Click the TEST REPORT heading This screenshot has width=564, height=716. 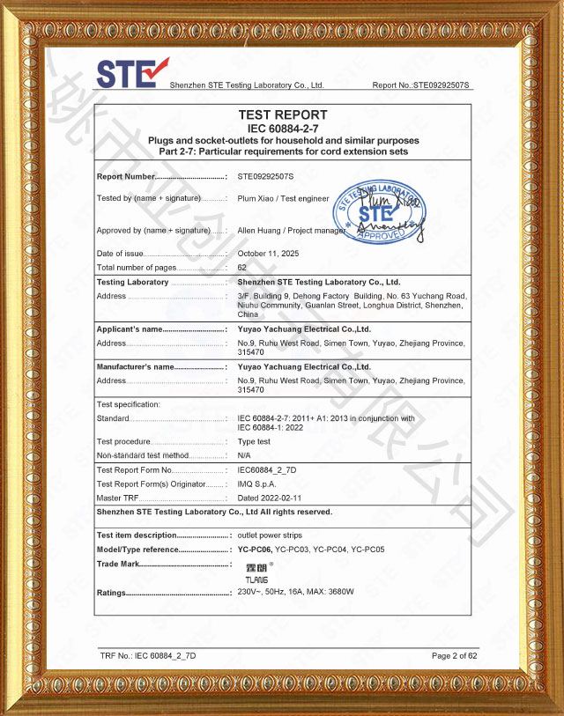[x=282, y=114]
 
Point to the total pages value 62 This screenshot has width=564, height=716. [x=242, y=267]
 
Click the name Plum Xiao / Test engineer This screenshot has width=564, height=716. [x=277, y=198]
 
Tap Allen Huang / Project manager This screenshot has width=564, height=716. [x=292, y=230]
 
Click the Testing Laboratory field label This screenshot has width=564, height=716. [x=132, y=282]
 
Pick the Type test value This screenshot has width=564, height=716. [x=254, y=441]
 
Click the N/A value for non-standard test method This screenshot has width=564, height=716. [x=244, y=455]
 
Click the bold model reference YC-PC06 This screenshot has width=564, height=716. [x=256, y=550]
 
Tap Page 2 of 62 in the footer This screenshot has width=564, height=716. [x=454, y=656]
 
